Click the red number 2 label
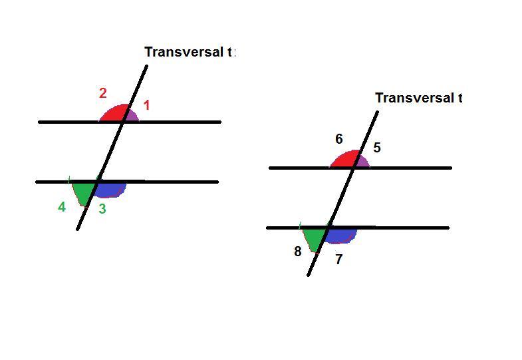tap(102, 93)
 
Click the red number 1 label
tap(147, 105)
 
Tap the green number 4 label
tap(62, 207)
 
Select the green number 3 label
tap(102, 208)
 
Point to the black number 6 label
tap(339, 139)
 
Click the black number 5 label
tap(377, 148)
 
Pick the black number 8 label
tap(298, 252)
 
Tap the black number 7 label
tap(338, 260)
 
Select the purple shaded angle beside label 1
tap(132, 116)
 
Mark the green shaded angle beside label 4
tap(84, 190)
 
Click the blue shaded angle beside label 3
tap(110, 189)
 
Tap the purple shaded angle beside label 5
tap(362, 162)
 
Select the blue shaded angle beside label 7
tap(341, 235)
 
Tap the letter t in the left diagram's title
tap(230, 52)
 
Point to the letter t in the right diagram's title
tap(459, 98)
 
